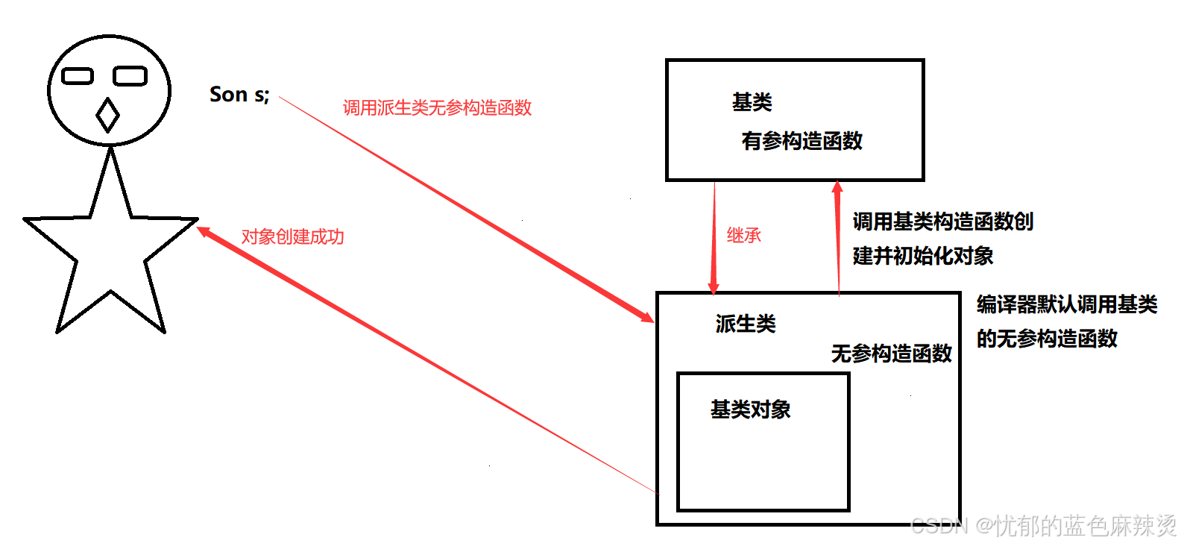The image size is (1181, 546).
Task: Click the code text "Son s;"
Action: pyautogui.click(x=239, y=95)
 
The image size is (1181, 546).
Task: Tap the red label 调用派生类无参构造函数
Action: pyautogui.click(x=437, y=107)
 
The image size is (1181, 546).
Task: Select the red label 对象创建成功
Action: pyautogui.click(x=292, y=236)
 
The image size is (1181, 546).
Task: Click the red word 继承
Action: pyautogui.click(x=743, y=236)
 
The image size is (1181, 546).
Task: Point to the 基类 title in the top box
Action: pyautogui.click(x=752, y=102)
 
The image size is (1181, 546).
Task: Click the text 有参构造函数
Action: pyautogui.click(x=801, y=141)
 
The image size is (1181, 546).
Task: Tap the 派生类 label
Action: pyautogui.click(x=746, y=324)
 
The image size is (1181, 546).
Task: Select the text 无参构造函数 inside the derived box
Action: pyautogui.click(x=891, y=354)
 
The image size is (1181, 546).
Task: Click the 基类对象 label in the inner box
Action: pyautogui.click(x=750, y=409)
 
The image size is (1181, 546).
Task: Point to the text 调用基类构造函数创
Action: pyautogui.click(x=942, y=222)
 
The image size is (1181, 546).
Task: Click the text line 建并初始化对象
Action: pyautogui.click(x=923, y=256)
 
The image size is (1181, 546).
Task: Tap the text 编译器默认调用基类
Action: pyautogui.click(x=1066, y=304)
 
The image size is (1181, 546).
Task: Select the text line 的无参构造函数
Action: pyautogui.click(x=1047, y=339)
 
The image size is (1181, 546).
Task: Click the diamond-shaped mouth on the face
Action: pyautogui.click(x=108, y=115)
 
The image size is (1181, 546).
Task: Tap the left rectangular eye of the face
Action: pyautogui.click(x=78, y=76)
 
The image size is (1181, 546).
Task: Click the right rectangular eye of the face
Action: pyautogui.click(x=130, y=76)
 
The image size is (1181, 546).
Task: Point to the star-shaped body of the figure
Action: pyautogui.click(x=110, y=246)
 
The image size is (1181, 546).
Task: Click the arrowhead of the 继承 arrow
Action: pyautogui.click(x=713, y=287)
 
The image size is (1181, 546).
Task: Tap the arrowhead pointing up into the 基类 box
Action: pyautogui.click(x=837, y=187)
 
